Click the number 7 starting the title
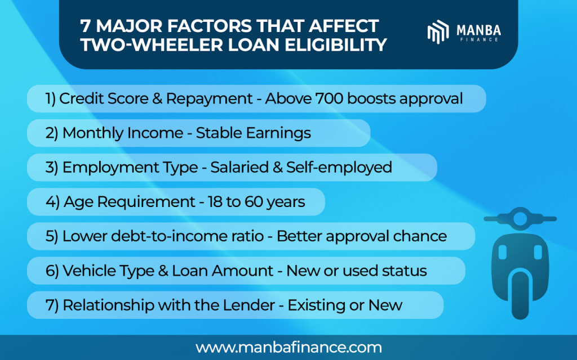tap(86, 26)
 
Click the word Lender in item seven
tap(254, 305)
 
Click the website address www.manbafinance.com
tap(288, 347)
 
